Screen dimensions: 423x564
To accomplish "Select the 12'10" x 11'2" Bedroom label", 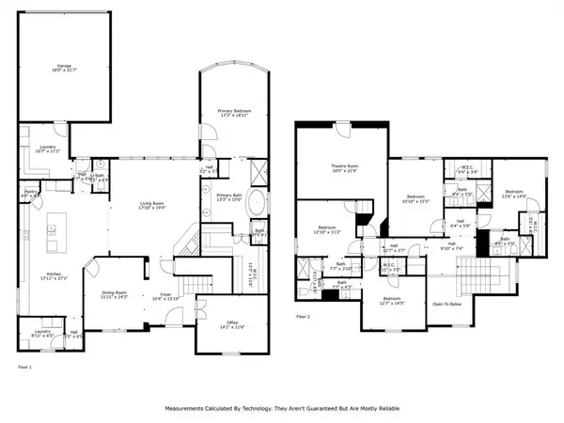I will [327, 230].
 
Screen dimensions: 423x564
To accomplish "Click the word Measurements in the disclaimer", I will [190, 409].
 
